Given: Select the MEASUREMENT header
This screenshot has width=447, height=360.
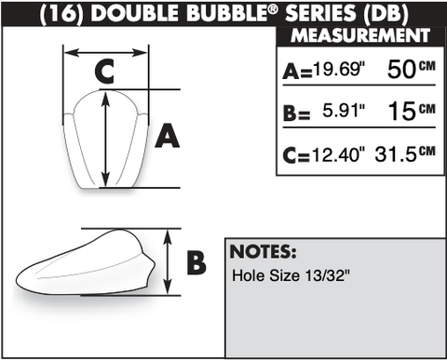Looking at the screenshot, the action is (x=360, y=35).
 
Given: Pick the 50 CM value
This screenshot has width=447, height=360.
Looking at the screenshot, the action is (x=412, y=69).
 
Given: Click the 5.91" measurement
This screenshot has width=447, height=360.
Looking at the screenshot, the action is (x=344, y=110).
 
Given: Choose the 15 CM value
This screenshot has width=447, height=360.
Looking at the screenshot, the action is (x=412, y=111).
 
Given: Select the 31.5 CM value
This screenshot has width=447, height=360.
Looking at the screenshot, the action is (x=405, y=153).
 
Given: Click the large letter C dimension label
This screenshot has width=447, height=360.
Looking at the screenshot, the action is (x=104, y=72).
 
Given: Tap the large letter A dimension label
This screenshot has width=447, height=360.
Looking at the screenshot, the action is (x=168, y=136).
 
